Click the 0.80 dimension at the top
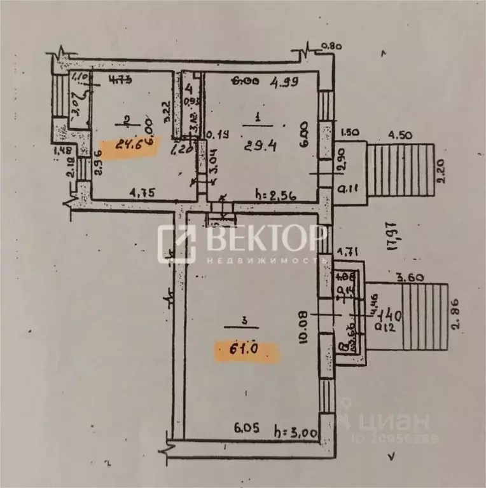(x=331, y=46)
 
